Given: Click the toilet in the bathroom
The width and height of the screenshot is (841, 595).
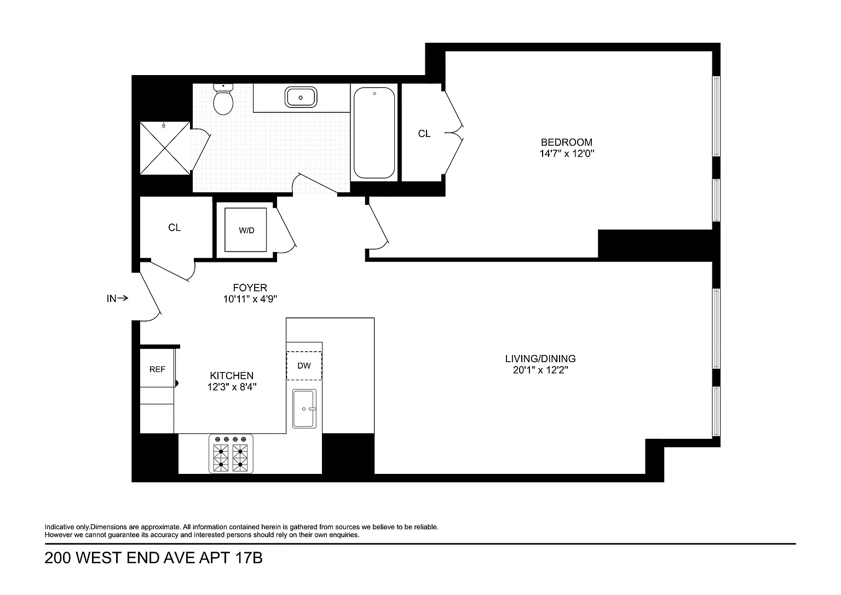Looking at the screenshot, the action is coord(223,99).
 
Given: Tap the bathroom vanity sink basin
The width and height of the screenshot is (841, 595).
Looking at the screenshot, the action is coord(301,97).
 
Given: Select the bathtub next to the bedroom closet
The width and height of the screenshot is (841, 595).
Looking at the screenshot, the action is coord(375,133).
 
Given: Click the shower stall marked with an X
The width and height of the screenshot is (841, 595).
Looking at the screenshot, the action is coord(165,148).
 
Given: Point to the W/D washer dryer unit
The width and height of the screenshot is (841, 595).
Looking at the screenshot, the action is coord(246,230).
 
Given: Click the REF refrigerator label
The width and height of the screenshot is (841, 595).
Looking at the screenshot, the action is coord(157,370).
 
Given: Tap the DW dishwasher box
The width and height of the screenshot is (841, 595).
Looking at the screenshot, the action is coord(304,365).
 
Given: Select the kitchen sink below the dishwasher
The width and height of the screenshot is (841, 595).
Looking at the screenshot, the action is coord(304,409).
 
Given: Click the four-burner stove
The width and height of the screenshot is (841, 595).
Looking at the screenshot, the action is coord(231,454).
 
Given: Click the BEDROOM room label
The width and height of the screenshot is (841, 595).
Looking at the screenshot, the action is coord(567,142).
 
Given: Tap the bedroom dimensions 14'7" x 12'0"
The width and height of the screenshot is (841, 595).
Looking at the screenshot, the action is coord(567,153).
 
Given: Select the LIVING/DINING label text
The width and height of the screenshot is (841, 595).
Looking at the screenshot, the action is coord(540,359).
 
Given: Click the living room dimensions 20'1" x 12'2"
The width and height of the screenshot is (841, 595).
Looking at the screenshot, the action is coord(540,370).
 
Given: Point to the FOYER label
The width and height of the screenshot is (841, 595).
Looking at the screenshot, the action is coord(250,288).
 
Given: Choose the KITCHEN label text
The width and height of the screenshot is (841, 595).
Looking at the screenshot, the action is coord(232,376).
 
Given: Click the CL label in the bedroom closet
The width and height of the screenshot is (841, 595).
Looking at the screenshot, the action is coord(424,134).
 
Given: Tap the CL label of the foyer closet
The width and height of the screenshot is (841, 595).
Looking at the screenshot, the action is coord(174,227).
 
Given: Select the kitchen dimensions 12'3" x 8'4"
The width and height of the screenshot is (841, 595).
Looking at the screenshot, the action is coord(232,387).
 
